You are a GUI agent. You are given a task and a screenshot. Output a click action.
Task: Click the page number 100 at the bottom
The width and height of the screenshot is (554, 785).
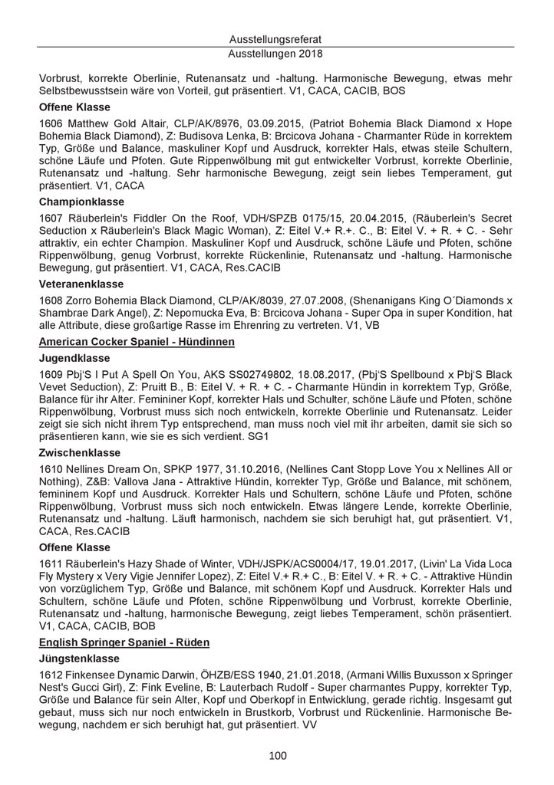point(277,756)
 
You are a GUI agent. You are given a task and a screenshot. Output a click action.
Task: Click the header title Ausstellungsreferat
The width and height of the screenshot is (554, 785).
point(277,38)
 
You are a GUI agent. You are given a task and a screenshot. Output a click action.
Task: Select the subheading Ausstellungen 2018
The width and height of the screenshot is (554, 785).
point(277,54)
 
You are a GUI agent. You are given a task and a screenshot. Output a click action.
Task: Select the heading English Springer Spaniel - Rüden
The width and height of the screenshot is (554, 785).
point(124,641)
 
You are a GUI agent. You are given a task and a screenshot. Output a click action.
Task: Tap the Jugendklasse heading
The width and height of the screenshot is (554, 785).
point(73,357)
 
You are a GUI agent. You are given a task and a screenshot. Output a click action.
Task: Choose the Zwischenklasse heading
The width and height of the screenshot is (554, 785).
point(79,453)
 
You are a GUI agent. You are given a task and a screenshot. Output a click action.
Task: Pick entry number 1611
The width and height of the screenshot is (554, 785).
point(50,564)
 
